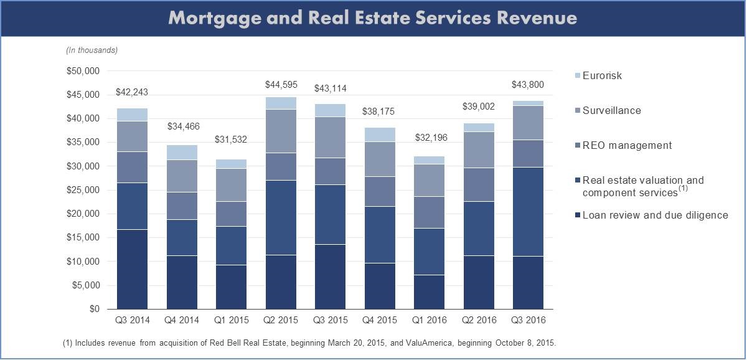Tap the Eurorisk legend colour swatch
point(576,76)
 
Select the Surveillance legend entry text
point(611,111)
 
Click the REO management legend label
point(627,146)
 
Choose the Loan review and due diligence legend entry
point(655,216)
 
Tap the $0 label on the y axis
point(94,309)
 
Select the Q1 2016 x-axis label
point(429,321)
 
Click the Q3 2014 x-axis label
point(132,321)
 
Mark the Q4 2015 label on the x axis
point(380,321)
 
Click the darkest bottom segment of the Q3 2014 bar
point(132,269)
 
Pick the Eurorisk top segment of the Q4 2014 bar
point(181,153)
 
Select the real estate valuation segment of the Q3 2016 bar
point(528,212)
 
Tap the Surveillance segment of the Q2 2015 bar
point(281,131)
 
